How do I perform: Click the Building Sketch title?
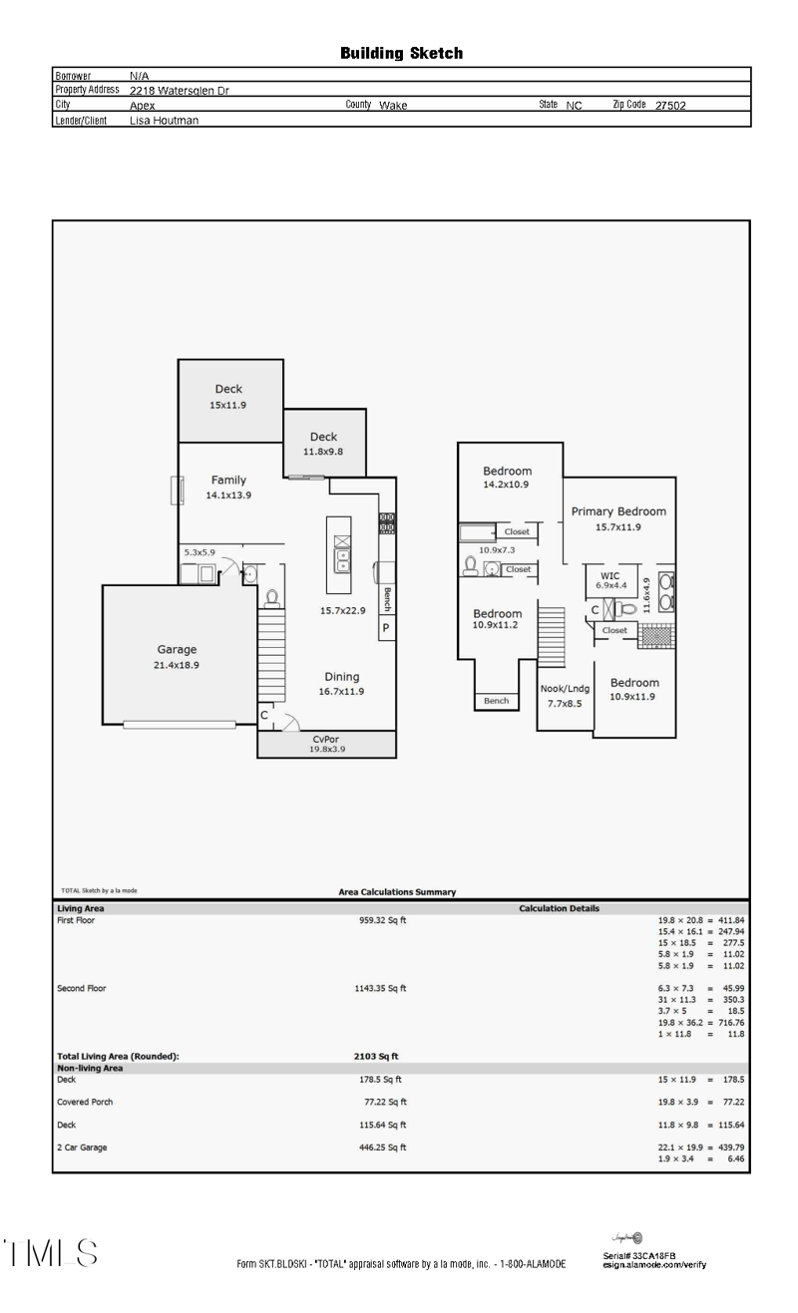click(401, 53)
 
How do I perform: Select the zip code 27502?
click(669, 105)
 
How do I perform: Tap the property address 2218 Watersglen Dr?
click(180, 90)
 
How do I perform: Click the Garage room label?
click(177, 649)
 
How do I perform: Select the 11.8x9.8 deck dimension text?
click(323, 452)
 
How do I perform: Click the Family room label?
click(228, 481)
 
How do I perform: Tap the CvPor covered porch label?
click(326, 739)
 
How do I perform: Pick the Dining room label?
click(341, 677)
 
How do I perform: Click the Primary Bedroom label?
click(617, 511)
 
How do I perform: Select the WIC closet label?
click(609, 575)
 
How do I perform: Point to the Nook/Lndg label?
click(565, 688)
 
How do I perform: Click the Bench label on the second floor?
click(496, 701)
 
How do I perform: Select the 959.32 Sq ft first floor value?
click(382, 920)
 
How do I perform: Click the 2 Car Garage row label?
click(82, 1148)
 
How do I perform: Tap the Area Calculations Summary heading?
click(397, 892)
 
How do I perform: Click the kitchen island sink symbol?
click(341, 555)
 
